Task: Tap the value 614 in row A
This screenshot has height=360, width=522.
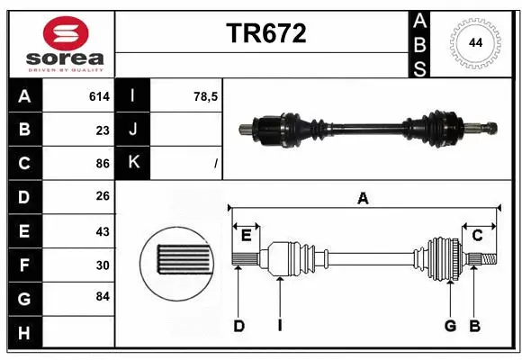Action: point(99,96)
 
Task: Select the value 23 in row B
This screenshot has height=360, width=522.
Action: point(103,130)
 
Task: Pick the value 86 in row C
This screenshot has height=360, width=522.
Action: point(103,164)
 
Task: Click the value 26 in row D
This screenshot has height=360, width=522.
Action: point(103,197)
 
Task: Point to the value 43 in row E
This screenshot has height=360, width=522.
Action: point(103,230)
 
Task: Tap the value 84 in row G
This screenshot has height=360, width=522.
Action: point(103,296)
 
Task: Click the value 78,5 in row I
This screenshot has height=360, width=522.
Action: point(207,96)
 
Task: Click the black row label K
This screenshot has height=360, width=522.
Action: point(134,164)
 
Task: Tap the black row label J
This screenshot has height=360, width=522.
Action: point(134,130)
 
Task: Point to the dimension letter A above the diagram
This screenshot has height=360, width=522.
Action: point(363,198)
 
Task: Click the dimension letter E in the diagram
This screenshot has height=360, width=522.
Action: point(246,235)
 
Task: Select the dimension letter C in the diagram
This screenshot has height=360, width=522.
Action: point(478,235)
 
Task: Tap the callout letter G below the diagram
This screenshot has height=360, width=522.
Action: point(450,326)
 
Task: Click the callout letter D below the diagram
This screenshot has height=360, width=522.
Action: point(238,326)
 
